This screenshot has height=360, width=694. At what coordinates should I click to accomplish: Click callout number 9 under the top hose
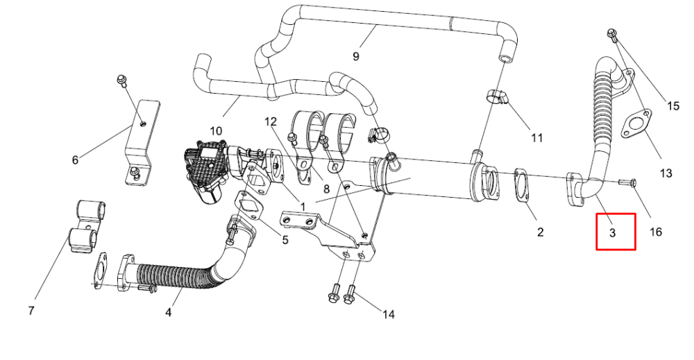[356, 56]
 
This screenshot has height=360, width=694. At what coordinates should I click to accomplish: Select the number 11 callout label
[536, 139]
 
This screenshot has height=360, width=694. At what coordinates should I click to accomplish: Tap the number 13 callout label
[666, 173]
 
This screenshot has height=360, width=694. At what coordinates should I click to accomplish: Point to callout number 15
[672, 106]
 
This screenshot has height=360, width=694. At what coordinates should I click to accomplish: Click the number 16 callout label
[656, 232]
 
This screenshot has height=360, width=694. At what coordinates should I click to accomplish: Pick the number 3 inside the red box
[613, 232]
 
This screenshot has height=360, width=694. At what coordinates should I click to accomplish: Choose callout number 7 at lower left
[31, 311]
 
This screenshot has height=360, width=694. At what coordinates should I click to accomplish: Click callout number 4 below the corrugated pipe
[168, 312]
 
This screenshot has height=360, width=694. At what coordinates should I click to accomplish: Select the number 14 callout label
[388, 314]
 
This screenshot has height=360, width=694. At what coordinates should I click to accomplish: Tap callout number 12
[271, 121]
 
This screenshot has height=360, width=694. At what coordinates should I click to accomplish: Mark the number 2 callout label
[540, 232]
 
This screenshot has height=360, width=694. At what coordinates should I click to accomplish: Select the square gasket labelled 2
[523, 186]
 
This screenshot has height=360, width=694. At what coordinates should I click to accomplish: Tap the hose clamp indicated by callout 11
[498, 97]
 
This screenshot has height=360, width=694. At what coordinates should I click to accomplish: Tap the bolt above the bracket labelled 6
[121, 80]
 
